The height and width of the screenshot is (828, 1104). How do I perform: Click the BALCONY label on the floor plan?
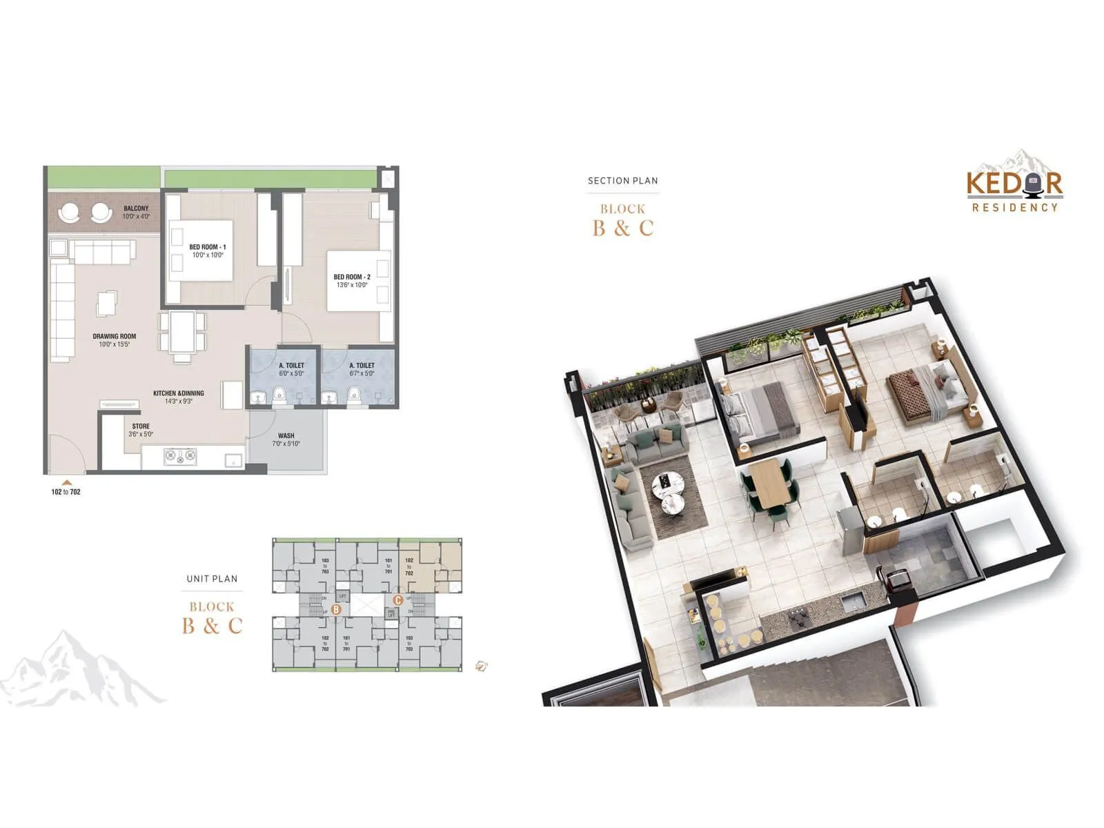(136, 208)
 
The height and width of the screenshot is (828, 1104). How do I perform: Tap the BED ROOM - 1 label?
(207, 247)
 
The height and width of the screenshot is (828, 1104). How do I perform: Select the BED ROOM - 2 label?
(352, 277)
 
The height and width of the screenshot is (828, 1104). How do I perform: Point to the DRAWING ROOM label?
(115, 337)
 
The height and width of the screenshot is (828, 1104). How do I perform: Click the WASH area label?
(286, 436)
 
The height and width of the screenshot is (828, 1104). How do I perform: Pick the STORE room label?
(141, 426)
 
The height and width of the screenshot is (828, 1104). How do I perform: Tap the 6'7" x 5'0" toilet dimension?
(362, 374)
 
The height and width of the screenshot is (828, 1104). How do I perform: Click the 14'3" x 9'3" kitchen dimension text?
(178, 401)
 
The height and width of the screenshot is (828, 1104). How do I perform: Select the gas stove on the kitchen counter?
(180, 456)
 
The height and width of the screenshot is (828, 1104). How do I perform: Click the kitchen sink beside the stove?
(233, 458)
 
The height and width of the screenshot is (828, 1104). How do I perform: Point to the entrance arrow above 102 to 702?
(66, 483)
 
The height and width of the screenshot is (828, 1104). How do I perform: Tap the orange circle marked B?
(336, 609)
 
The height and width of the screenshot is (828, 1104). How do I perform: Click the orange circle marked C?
(397, 600)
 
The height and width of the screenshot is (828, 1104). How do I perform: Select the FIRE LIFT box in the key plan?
(391, 613)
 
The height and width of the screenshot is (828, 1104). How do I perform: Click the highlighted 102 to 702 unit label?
(409, 566)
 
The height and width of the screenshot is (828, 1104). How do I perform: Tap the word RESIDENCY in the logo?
(1014, 207)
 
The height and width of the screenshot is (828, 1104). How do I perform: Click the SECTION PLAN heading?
(622, 181)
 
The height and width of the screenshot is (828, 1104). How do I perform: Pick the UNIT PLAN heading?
(212, 579)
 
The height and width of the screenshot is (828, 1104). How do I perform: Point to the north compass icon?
(481, 666)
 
